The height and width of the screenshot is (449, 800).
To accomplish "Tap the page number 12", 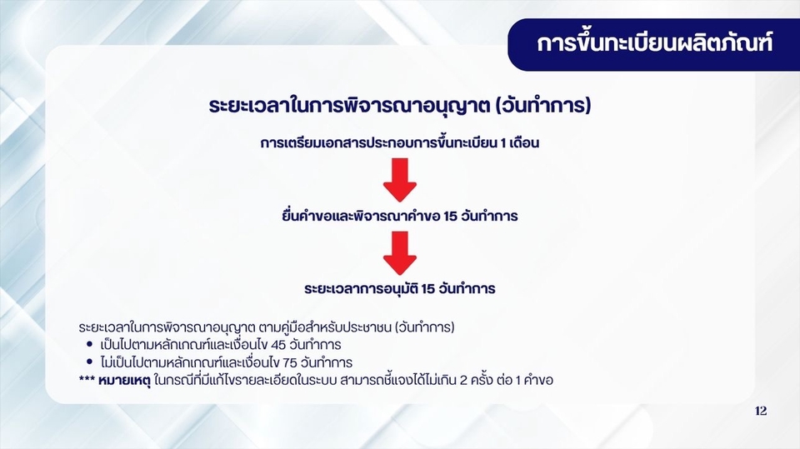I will click(x=760, y=412).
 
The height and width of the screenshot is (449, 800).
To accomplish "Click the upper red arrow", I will click(x=399, y=177).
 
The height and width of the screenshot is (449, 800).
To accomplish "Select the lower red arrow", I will click(x=399, y=252).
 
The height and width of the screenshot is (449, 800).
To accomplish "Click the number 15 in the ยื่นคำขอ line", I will click(x=454, y=217).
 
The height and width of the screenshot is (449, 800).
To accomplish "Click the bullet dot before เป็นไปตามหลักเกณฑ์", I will click(x=89, y=344).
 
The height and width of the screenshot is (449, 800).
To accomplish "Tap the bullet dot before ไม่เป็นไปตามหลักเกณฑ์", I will click(x=89, y=362).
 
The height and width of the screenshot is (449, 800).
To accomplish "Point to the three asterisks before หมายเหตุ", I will click(x=87, y=381).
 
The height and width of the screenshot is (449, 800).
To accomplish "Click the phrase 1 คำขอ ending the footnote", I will click(x=534, y=381).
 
